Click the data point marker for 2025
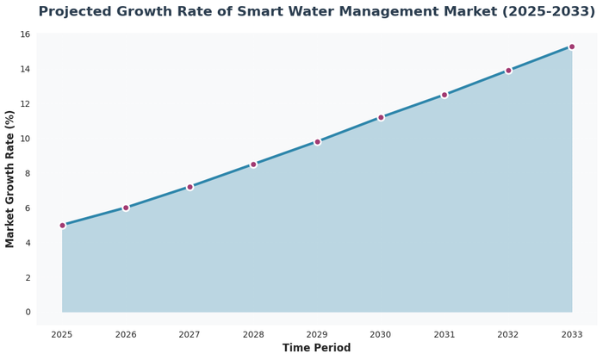62,225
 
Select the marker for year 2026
126,208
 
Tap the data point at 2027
190,187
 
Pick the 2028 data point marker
253,164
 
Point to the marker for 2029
317,141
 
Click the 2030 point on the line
381,117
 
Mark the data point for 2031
444,95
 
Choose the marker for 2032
508,71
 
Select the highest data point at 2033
572,47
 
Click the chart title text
316,12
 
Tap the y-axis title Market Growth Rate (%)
10,179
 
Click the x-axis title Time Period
316,348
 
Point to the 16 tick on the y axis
25,34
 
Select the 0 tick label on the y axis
28,312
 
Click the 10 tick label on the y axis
25,139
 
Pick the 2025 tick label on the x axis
62,333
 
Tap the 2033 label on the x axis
572,333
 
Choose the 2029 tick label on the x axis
317,333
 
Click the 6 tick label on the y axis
28,208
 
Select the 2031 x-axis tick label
444,333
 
